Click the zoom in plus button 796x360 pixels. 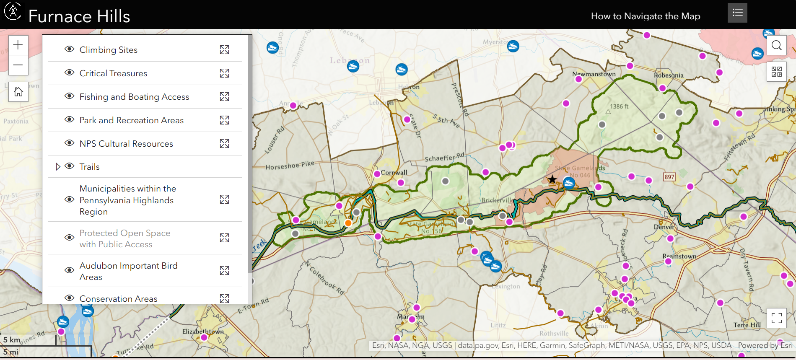18,45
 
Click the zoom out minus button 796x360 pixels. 18,65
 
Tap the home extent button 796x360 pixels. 18,92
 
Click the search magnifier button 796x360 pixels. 776,45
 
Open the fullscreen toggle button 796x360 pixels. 776,318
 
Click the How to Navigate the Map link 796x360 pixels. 645,16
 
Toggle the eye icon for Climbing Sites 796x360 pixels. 69,49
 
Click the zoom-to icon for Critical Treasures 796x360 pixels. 224,73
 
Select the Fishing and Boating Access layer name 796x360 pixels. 134,97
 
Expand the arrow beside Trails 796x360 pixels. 58,167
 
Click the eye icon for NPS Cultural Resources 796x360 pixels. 69,143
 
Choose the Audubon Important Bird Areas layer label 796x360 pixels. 128,271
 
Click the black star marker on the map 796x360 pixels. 552,180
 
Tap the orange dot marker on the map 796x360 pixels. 348,223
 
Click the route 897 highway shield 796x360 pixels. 669,177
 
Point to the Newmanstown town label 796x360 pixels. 594,74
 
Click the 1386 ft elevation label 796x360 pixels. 619,106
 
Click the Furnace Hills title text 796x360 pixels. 79,16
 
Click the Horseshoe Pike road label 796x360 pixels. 290,165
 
